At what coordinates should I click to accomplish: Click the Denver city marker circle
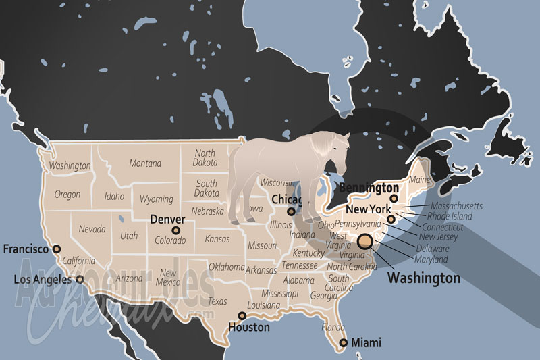pyautogui.click(x=176, y=230)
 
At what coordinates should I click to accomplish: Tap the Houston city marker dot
pyautogui.click(x=242, y=315)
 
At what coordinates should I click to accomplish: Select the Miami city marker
pyautogui.click(x=344, y=343)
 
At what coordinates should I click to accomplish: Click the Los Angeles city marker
pyautogui.click(x=80, y=278)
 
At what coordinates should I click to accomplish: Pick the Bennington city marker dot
pyautogui.click(x=394, y=198)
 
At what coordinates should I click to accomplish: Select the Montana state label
pyautogui.click(x=145, y=163)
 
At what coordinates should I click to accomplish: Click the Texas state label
pyautogui.click(x=217, y=301)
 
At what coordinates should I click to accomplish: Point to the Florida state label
pyautogui.click(x=333, y=328)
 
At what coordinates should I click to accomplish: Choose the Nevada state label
pyautogui.click(x=92, y=229)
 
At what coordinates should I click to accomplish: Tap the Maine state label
pyautogui.click(x=418, y=180)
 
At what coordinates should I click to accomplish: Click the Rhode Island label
pyautogui.click(x=449, y=217)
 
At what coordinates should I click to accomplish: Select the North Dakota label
pyautogui.click(x=205, y=158)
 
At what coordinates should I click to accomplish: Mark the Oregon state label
pyautogui.click(x=67, y=195)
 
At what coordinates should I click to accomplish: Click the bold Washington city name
pyautogui.click(x=423, y=278)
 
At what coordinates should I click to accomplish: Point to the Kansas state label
pyautogui.click(x=217, y=240)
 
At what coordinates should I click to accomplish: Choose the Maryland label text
pyautogui.click(x=431, y=259)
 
